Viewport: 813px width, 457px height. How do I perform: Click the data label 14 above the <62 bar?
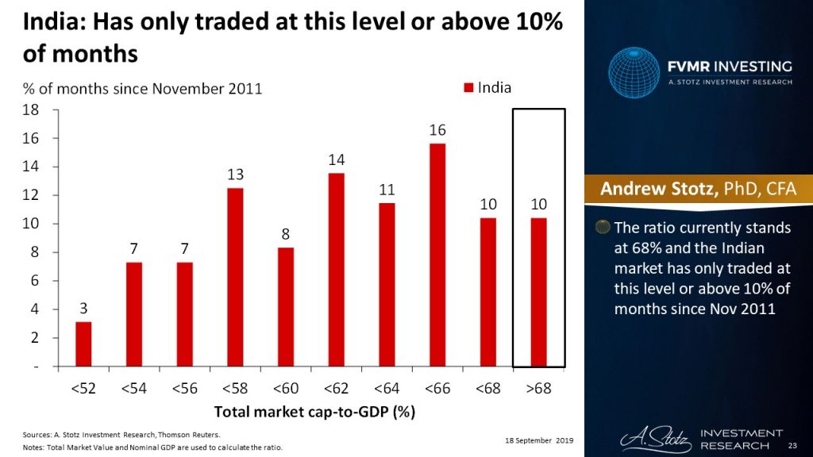click(x=336, y=159)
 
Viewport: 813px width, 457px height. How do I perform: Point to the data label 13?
click(x=235, y=174)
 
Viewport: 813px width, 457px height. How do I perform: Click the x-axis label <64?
click(x=387, y=390)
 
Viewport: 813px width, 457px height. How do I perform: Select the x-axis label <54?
click(x=133, y=390)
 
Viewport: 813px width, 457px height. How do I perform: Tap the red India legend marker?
click(x=468, y=87)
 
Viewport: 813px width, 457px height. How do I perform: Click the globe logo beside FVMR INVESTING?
click(x=634, y=73)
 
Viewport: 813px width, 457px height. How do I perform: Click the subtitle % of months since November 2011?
click(x=135, y=89)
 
